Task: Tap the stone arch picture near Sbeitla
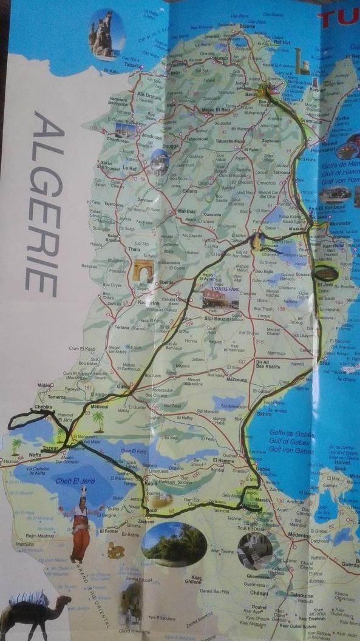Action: (x=144, y=270)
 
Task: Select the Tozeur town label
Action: (x=50, y=448)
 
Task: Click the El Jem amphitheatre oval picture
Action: (x=327, y=273)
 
